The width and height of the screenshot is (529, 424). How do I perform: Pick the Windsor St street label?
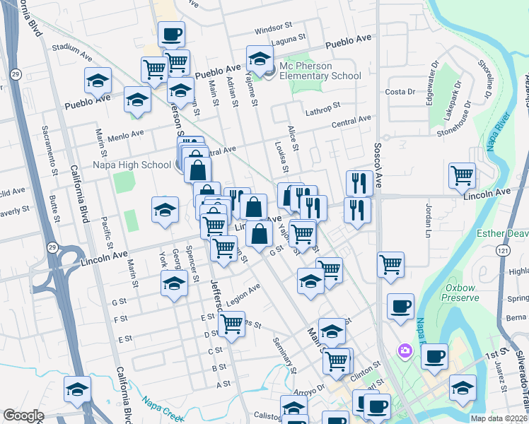269,30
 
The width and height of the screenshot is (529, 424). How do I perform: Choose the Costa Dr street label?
400,92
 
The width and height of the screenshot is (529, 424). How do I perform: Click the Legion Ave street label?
244,290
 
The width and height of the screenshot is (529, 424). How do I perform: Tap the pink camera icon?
405,350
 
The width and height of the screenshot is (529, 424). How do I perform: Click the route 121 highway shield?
501,250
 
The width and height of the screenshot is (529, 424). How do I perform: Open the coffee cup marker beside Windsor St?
171,34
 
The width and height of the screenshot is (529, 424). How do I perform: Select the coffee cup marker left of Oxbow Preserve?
401,307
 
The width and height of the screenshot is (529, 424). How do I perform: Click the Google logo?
23,416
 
